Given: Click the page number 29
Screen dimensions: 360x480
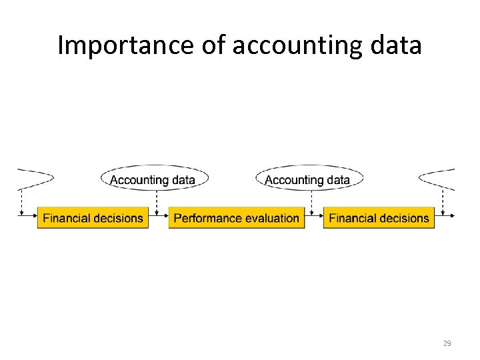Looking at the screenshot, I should tap(447, 343).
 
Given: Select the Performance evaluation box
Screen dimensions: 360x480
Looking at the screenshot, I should tap(236, 218).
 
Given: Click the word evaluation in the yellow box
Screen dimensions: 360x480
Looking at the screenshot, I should tap(268, 218).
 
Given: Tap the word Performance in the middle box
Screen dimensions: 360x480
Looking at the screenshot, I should tap(204, 218).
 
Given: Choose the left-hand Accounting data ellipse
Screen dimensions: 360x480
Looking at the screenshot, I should tap(153, 179).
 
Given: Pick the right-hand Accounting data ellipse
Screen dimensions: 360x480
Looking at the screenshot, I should tap(308, 179).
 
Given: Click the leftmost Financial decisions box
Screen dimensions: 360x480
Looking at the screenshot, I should tap(93, 218).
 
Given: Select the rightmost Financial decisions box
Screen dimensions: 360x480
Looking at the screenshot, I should tap(379, 218).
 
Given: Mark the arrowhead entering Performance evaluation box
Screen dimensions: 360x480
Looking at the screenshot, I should tap(165, 215).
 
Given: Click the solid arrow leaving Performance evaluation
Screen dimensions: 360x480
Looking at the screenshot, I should tap(313, 215).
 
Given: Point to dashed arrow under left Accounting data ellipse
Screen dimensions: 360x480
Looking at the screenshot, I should tap(156, 201).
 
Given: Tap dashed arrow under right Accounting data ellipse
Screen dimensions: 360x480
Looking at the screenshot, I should tap(311, 201).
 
